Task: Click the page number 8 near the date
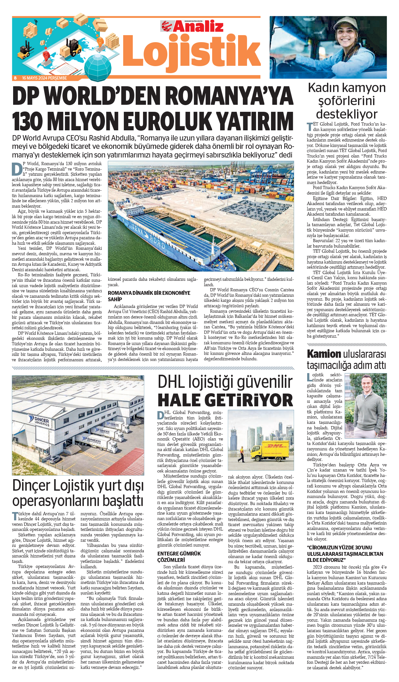pos(15,78)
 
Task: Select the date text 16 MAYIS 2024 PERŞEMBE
pos(44,78)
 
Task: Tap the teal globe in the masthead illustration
pos(98,65)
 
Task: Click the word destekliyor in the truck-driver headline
pos(347,114)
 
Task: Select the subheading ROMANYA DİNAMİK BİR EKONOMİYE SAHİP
pos(149,296)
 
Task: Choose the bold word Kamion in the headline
pos(324,354)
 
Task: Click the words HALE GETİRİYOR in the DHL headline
pos(225,400)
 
